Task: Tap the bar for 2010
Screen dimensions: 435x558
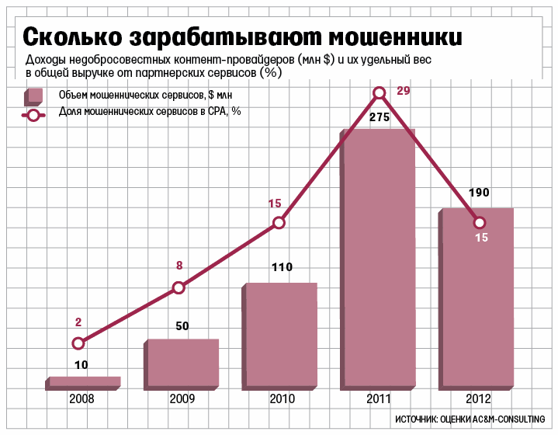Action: click(x=280, y=334)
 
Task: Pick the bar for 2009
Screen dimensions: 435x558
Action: click(x=182, y=362)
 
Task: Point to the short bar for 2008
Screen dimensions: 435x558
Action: click(x=84, y=381)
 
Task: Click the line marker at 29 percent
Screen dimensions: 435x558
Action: click(x=380, y=93)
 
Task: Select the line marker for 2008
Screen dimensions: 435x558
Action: click(x=78, y=343)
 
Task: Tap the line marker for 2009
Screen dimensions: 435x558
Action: click(x=178, y=287)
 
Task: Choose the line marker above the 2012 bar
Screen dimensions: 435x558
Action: click(x=480, y=221)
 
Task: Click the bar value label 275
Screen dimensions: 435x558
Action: click(x=380, y=117)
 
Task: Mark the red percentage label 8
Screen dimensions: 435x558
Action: click(x=179, y=266)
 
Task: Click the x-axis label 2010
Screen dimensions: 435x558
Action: click(x=282, y=399)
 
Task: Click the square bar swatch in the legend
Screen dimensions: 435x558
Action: click(x=33, y=96)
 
